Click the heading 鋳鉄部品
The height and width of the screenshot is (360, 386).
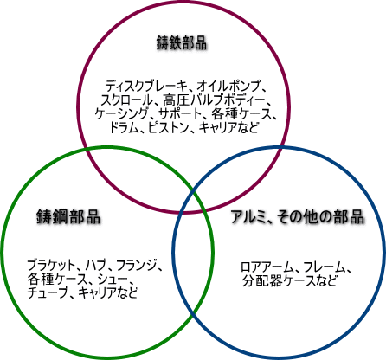click(x=182, y=42)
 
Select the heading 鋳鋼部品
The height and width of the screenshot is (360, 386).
click(x=68, y=216)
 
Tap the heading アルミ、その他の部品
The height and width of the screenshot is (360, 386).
click(x=297, y=216)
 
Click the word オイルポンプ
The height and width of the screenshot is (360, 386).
click(x=228, y=86)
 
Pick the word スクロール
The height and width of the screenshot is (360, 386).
click(x=126, y=100)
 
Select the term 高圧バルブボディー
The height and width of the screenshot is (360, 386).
click(x=214, y=100)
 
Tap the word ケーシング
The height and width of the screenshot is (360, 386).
click(x=121, y=113)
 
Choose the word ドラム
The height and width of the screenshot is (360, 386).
click(x=124, y=127)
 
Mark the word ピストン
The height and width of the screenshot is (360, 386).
click(x=169, y=127)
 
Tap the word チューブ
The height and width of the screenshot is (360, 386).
click(x=48, y=292)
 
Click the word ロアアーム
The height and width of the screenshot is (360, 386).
click(x=267, y=267)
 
